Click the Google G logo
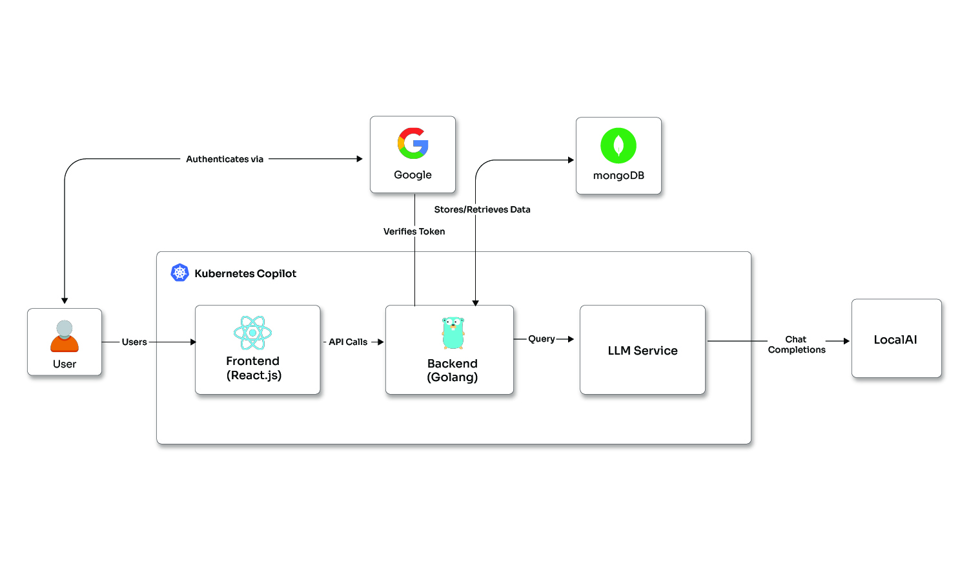click(x=413, y=143)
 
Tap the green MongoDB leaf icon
click(x=618, y=145)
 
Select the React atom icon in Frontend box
click(x=252, y=333)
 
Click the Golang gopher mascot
click(x=453, y=333)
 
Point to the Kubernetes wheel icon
click(x=179, y=273)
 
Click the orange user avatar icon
click(x=65, y=337)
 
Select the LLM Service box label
click(x=642, y=351)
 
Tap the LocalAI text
click(x=895, y=340)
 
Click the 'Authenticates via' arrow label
click(x=225, y=159)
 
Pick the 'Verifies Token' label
click(x=414, y=231)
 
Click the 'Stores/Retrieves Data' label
click(x=482, y=209)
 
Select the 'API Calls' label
click(x=348, y=342)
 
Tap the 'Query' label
click(x=541, y=339)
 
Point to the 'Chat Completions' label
click(x=797, y=344)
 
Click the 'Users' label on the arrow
click(x=134, y=342)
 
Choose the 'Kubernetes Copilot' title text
click(x=245, y=273)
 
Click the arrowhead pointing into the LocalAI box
click(x=846, y=341)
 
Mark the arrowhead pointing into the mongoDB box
click(x=571, y=160)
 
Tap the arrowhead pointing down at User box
click(x=65, y=300)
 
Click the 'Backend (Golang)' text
click(x=453, y=370)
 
